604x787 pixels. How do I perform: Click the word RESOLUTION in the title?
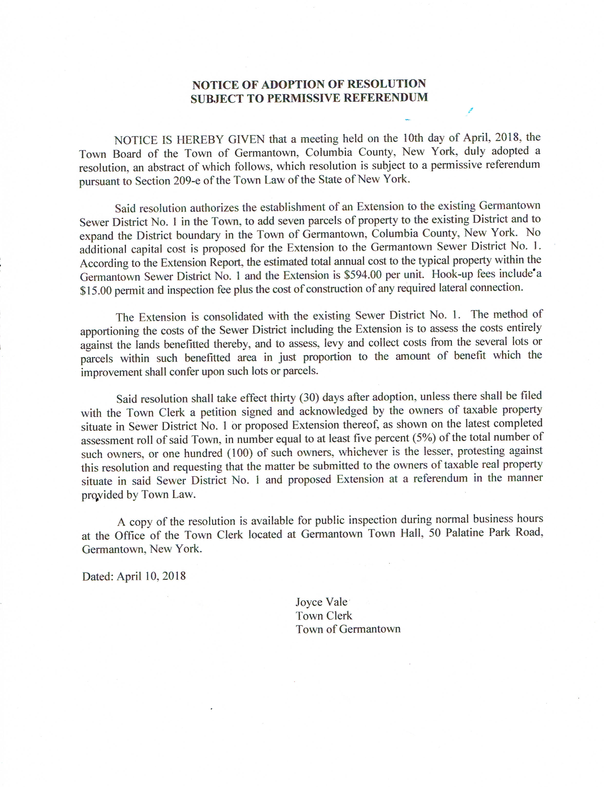(x=386, y=84)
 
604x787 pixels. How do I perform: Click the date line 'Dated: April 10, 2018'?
(x=134, y=576)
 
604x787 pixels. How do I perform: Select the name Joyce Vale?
(x=321, y=602)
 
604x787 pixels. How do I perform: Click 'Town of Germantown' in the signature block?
(x=348, y=629)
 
